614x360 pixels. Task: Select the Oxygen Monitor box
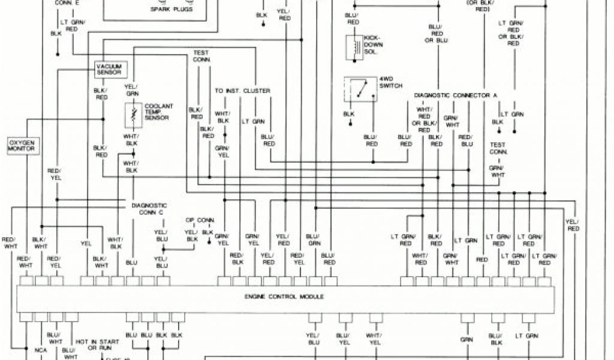[21, 145]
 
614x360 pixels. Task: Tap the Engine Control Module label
[284, 297]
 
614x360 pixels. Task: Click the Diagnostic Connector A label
[456, 96]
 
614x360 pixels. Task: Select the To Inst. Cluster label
[242, 91]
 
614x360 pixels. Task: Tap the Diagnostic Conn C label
[149, 208]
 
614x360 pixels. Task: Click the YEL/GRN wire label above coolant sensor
[131, 89]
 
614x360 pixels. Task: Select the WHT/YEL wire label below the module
[375, 339]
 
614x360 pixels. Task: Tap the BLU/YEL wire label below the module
[343, 339]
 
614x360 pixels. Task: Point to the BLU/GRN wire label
[313, 239]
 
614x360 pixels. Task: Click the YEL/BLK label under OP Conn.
[191, 236]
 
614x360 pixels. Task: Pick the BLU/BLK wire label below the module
[495, 339]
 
